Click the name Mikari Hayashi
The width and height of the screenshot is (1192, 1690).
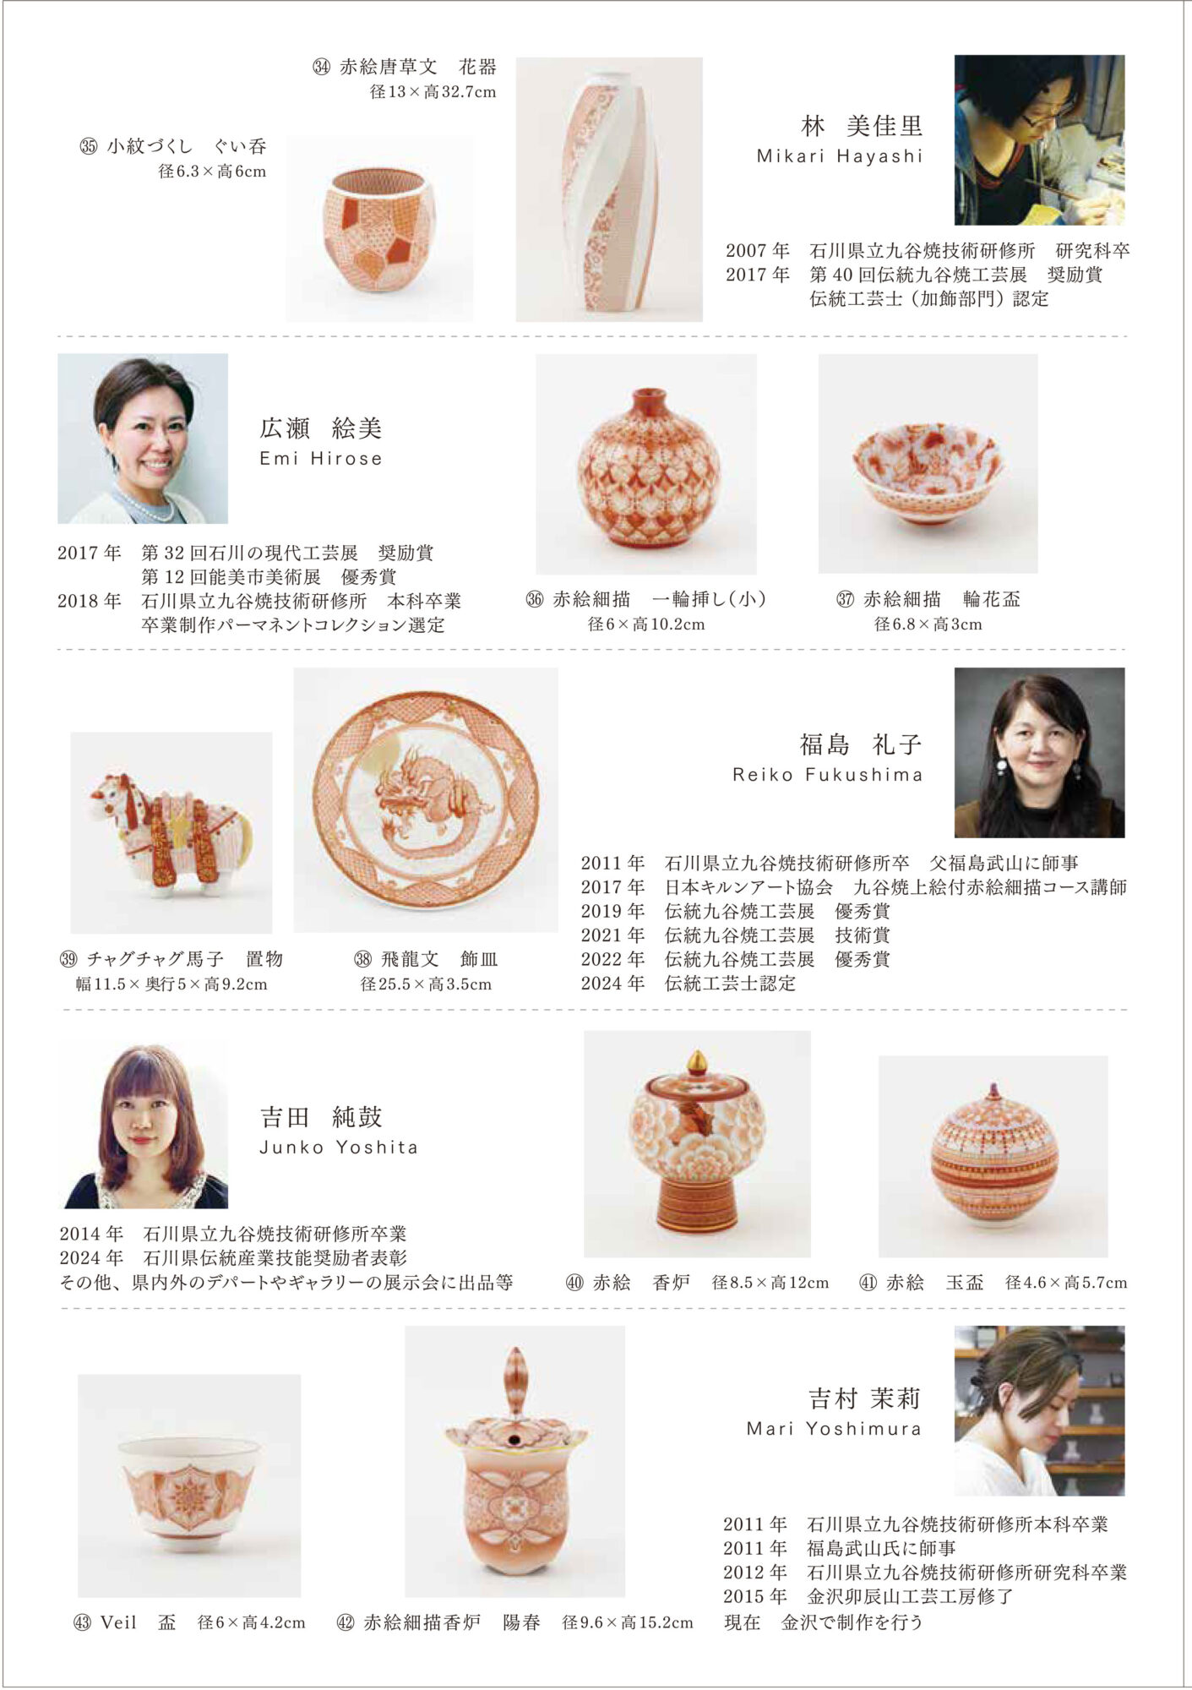pos(839,156)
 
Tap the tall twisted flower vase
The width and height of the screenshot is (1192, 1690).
pos(608,190)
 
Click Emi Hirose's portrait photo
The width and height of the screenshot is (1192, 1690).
pos(143,439)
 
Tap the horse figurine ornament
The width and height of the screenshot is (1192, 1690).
pos(170,833)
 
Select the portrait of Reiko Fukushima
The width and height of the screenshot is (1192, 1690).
pos(1039,753)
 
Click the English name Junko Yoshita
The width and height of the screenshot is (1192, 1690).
pos(339,1148)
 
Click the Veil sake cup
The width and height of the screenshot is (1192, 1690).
pos(188,1483)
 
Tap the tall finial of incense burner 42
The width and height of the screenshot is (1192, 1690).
pos(514,1382)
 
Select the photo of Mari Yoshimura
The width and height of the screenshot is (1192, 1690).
pos(1039,1410)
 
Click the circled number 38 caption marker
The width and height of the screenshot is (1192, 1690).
pos(363,959)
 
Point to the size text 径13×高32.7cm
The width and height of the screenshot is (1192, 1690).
pos(433,91)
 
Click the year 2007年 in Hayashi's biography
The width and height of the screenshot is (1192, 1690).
pos(758,250)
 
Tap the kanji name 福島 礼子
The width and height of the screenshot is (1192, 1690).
pos(861,744)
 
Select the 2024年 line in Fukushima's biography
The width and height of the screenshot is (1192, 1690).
pos(689,983)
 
